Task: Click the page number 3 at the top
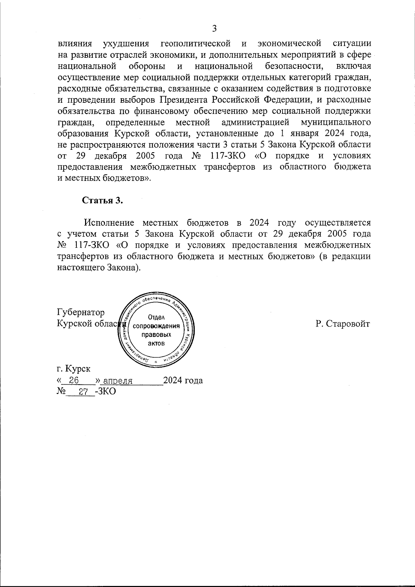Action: tap(214, 28)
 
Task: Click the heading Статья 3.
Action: tap(102, 201)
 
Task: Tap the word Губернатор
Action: tap(81, 313)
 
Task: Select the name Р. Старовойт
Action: tap(343, 324)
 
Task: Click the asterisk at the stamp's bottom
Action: tap(156, 362)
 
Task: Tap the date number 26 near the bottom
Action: tap(74, 380)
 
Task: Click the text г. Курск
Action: tap(74, 369)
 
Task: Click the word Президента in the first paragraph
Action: tap(184, 100)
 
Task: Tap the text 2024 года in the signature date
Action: tap(183, 380)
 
